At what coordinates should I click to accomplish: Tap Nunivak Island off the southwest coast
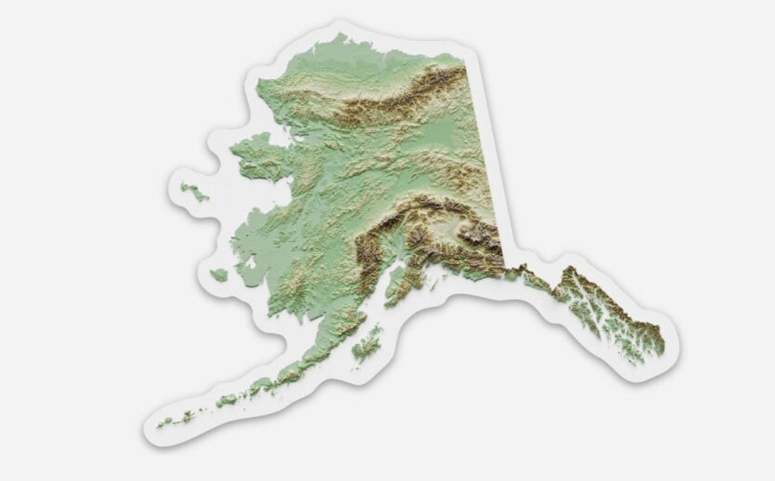click(219, 274)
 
